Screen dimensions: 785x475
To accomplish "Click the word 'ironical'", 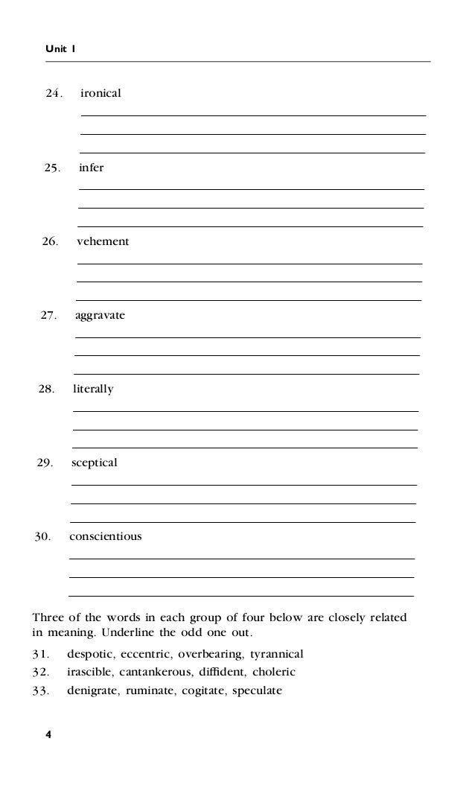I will click(x=101, y=94).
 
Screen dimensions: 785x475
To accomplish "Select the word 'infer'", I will click(x=91, y=168).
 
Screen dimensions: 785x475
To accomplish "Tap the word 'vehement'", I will click(x=103, y=241).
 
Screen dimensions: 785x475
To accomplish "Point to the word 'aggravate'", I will click(x=101, y=316).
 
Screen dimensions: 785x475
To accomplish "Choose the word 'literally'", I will click(x=93, y=389).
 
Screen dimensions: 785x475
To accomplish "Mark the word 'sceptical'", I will click(x=95, y=463).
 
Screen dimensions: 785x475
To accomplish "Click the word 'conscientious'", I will click(x=106, y=536).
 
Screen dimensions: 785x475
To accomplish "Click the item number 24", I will click(x=54, y=94).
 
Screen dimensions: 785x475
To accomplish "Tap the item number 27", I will click(x=48, y=316).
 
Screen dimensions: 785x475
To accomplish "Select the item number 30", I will click(x=42, y=536).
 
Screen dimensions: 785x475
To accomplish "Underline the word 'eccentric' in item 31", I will click(x=146, y=655).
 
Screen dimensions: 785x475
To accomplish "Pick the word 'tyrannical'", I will click(x=278, y=655).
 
